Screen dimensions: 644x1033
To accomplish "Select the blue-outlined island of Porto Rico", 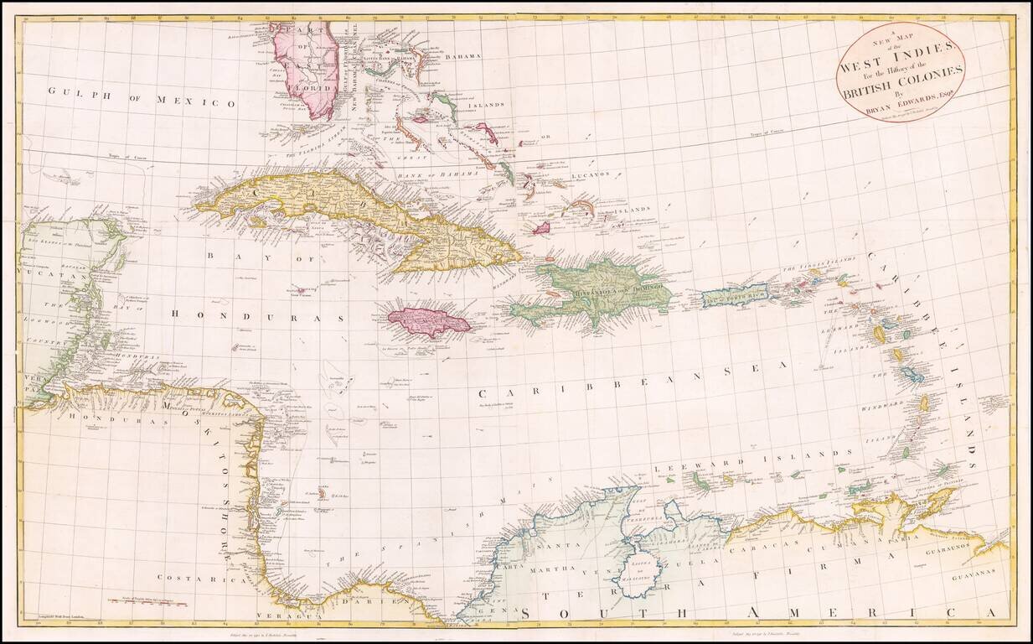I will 734,295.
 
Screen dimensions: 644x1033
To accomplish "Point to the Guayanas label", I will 979,574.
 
